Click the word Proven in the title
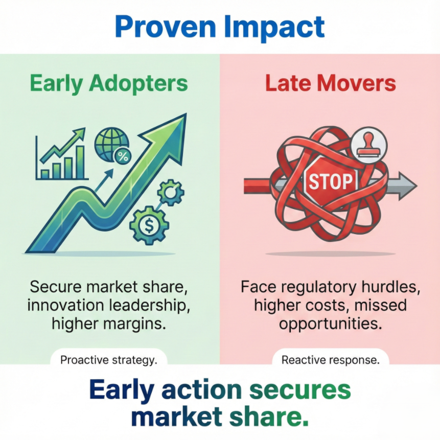point(165,27)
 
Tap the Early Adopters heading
point(109,83)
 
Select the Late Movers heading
point(330,83)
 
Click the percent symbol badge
point(123,156)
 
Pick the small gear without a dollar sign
point(171,193)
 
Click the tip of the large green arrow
point(186,113)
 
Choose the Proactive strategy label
point(109,360)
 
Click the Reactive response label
point(330,360)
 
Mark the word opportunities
point(330,325)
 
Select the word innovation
point(66,305)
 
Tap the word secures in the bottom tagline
point(300,389)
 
